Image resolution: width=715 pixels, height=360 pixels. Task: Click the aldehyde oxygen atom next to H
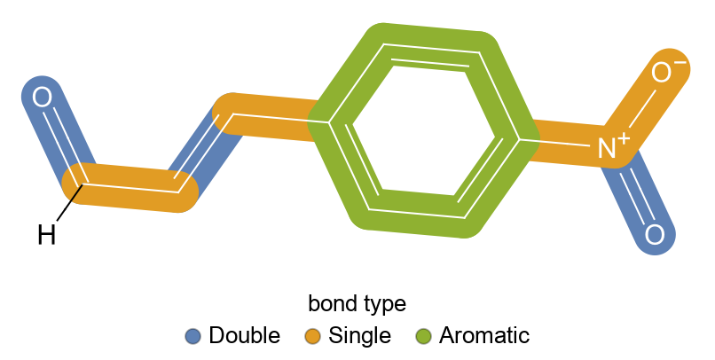tap(42, 98)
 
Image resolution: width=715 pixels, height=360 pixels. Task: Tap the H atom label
tap(47, 235)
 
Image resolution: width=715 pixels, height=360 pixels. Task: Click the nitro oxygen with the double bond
tap(654, 235)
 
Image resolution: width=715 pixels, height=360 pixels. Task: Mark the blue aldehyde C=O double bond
tap(62, 142)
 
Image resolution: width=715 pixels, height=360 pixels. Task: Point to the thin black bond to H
tap(67, 206)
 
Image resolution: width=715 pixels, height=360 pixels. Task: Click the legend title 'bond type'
tap(357, 304)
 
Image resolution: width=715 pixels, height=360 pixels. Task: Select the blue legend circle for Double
tap(194, 336)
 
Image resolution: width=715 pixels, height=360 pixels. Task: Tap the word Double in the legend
tap(244, 336)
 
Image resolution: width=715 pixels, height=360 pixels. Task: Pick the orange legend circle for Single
tap(313, 336)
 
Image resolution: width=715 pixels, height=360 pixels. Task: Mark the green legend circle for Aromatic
tap(424, 336)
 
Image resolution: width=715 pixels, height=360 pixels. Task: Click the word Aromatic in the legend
tap(483, 336)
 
